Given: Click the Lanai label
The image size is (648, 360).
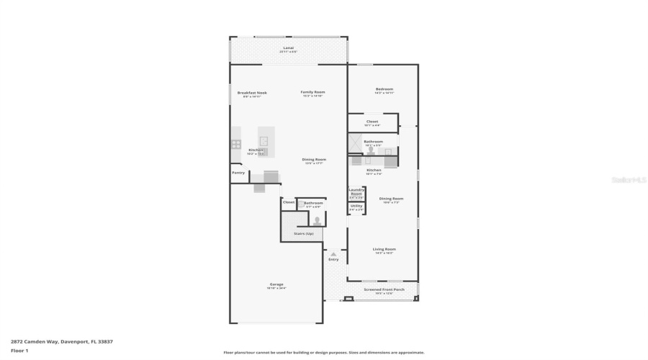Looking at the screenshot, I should tap(288, 48).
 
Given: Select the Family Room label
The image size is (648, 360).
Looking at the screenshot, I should tap(312, 92).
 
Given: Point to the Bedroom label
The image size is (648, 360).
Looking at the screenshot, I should tap(384, 89).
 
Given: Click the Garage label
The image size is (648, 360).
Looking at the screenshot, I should tap(276, 284).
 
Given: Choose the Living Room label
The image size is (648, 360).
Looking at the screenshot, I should tap(384, 249).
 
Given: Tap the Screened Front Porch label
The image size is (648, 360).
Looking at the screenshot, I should tap(384, 289).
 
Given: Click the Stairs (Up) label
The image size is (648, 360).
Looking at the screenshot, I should tap(303, 233).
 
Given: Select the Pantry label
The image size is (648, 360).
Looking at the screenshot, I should tap(238, 173).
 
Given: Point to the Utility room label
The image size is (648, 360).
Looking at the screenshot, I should tap(356, 206).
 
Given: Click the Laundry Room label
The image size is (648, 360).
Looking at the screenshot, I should tap(356, 192).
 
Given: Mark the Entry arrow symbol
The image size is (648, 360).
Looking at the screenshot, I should tap(333, 254).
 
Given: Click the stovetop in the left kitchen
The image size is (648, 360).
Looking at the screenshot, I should tap(236, 144).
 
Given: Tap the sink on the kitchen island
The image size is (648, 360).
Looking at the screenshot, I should tap(264, 141).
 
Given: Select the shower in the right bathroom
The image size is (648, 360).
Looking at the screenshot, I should tap(356, 145).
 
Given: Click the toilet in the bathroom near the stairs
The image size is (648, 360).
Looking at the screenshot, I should tap(316, 220).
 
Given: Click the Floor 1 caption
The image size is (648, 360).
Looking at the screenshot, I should tap(19, 351).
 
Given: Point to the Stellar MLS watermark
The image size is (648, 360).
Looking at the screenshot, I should tap(629, 180).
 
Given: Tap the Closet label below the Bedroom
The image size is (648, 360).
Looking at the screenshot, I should tap(372, 122).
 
